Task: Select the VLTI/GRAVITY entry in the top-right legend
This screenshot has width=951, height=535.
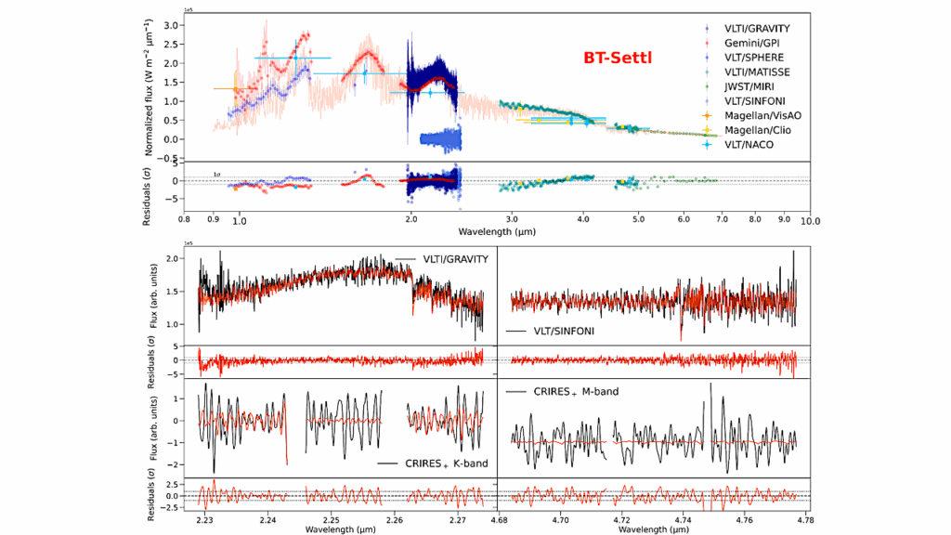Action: pos(747,28)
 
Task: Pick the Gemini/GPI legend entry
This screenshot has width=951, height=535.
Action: pos(743,45)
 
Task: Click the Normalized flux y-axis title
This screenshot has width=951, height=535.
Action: pos(149,89)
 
